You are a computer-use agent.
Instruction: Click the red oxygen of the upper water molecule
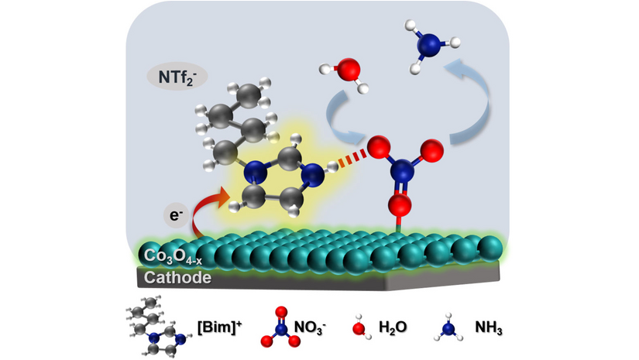point(348,70)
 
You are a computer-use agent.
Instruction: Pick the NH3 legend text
point(490,327)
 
